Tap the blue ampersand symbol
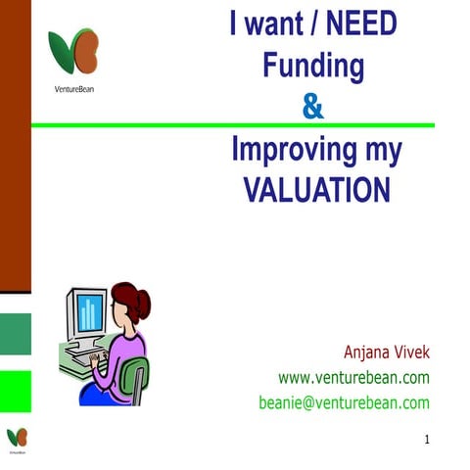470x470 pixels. [x=312, y=105]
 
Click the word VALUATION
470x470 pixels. [x=316, y=188]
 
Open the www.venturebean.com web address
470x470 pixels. [x=354, y=377]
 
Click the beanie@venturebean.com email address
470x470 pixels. [x=344, y=401]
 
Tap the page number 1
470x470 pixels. [x=427, y=441]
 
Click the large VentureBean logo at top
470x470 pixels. [x=73, y=51]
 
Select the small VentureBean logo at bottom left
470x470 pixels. [x=18, y=437]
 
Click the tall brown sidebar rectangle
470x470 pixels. [x=15, y=147]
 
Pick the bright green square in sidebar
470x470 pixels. [x=15, y=391]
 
